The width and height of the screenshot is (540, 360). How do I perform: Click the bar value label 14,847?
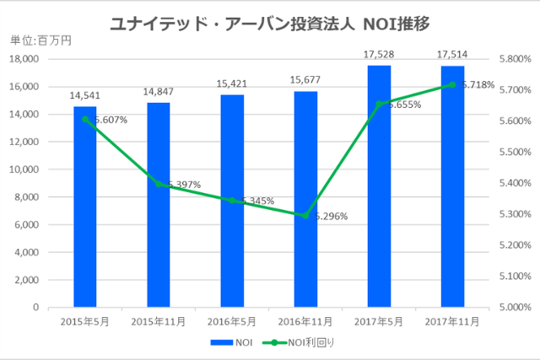click(159, 92)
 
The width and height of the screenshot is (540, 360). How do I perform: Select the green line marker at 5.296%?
click(305, 216)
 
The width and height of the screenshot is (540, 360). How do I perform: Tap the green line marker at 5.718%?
click(452, 84)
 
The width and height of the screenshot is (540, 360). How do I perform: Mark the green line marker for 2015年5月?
click(85, 119)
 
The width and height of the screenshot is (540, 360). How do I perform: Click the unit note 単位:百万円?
click(40, 40)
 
